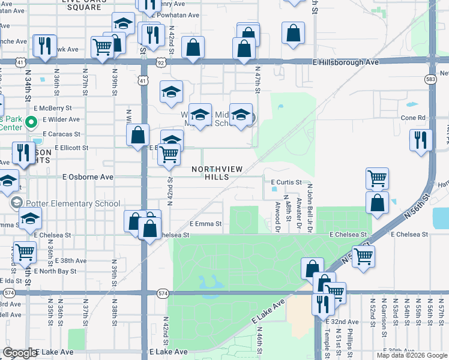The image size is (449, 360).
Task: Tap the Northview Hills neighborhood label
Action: (217, 173)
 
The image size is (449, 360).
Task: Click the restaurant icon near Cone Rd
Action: (421, 140)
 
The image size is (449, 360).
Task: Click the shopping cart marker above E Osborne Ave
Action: (169, 154)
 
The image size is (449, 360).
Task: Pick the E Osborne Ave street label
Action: (88, 177)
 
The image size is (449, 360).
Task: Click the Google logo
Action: (20, 353)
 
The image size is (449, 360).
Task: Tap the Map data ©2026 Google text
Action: (412, 355)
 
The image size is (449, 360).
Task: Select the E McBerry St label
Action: (53, 108)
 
